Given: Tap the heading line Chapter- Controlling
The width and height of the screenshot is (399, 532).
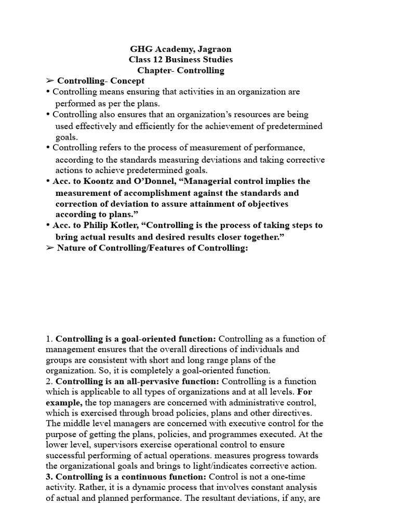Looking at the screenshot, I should tap(181, 70).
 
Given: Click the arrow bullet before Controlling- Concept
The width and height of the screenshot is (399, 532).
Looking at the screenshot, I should tap(50, 81).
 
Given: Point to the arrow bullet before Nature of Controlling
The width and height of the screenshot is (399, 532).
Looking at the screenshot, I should tap(50, 248).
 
